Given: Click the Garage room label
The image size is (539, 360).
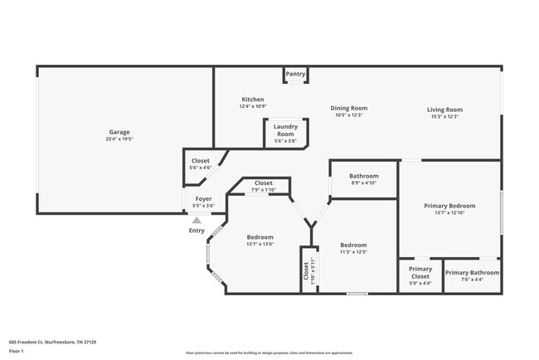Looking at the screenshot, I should [119, 132].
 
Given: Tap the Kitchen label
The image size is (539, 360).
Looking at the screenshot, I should [252, 99].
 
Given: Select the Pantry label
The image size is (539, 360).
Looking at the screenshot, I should [295, 74].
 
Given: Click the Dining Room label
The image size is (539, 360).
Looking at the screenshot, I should [348, 108].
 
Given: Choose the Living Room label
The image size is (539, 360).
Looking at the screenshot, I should [444, 109].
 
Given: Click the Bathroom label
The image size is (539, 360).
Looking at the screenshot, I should [363, 176].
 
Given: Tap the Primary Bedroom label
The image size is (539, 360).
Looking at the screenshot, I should [449, 205].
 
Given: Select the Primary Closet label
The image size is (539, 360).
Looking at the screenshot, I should [420, 272].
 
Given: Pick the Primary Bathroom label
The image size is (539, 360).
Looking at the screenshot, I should [472, 272].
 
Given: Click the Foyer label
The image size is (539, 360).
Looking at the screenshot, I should [203, 199].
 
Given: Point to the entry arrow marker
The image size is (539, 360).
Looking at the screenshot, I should [197, 221].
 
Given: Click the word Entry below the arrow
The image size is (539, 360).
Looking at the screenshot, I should [197, 231].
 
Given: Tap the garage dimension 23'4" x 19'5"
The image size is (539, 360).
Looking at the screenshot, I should [119, 139].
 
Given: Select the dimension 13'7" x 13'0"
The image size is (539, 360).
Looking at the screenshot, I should [260, 244].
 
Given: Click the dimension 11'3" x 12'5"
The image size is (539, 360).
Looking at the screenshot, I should [353, 252].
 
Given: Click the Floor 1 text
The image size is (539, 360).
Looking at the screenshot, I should [17, 351].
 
